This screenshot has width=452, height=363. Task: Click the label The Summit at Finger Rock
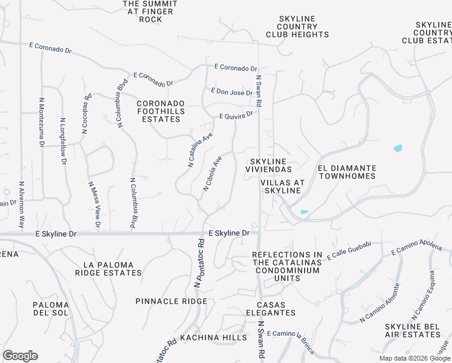(150, 11)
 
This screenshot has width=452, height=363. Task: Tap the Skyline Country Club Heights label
(297, 27)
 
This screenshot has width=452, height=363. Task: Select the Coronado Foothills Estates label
(158, 111)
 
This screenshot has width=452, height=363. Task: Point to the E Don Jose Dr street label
(231, 93)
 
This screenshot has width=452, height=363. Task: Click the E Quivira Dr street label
(235, 115)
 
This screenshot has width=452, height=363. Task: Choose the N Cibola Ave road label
(212, 174)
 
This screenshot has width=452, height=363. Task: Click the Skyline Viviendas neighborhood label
(271, 165)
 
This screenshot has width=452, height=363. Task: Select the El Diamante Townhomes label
(347, 172)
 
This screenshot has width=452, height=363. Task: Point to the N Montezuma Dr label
(42, 123)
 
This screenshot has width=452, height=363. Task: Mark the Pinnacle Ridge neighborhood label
(163, 301)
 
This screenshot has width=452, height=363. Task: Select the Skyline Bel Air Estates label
(416, 330)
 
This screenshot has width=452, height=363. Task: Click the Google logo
(20, 356)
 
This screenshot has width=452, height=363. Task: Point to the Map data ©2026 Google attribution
(414, 358)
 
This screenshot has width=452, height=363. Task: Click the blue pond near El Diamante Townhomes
(398, 148)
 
